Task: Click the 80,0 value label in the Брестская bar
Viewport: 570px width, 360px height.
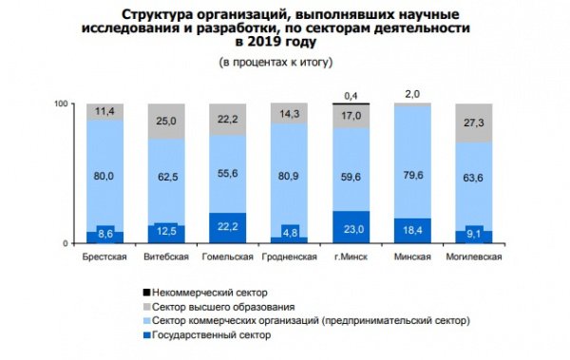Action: click(x=105, y=175)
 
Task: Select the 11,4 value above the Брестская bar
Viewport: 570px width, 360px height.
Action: click(x=105, y=112)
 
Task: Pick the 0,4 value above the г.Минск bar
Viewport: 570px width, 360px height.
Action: click(x=351, y=96)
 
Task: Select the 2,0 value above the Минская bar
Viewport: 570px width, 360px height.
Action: click(x=412, y=94)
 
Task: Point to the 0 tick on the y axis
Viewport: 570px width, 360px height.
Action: click(x=66, y=244)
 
